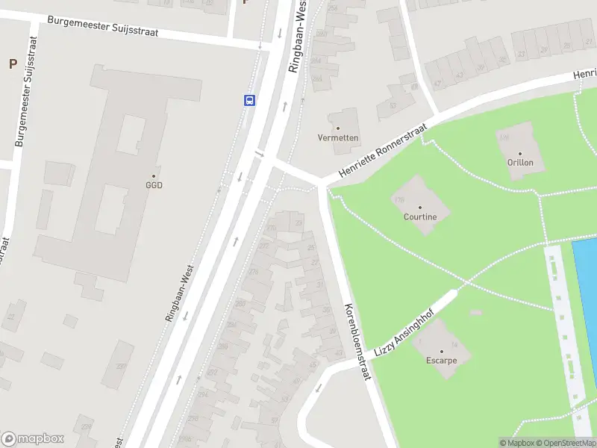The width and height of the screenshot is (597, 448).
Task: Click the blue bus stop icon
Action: point(249,100)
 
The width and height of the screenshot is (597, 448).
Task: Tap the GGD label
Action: point(154,185)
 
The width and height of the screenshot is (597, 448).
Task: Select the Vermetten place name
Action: point(338,138)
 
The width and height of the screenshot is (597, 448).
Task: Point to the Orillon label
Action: point(520,162)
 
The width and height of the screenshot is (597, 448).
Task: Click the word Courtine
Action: point(419,217)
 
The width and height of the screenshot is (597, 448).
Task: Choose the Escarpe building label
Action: point(442,360)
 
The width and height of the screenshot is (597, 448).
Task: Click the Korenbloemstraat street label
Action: point(357,342)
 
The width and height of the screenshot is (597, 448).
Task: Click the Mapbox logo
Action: point(33,439)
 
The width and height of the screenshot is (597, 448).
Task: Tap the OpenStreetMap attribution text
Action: point(566,443)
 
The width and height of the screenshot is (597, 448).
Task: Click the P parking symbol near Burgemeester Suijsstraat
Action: point(13,64)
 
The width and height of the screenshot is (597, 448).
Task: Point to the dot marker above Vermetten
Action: point(338,128)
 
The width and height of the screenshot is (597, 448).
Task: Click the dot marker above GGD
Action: point(154,175)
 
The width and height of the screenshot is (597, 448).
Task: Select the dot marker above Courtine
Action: point(419,208)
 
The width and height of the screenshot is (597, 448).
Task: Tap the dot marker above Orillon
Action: point(520,152)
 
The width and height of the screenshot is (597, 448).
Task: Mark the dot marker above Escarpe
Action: point(442,350)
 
